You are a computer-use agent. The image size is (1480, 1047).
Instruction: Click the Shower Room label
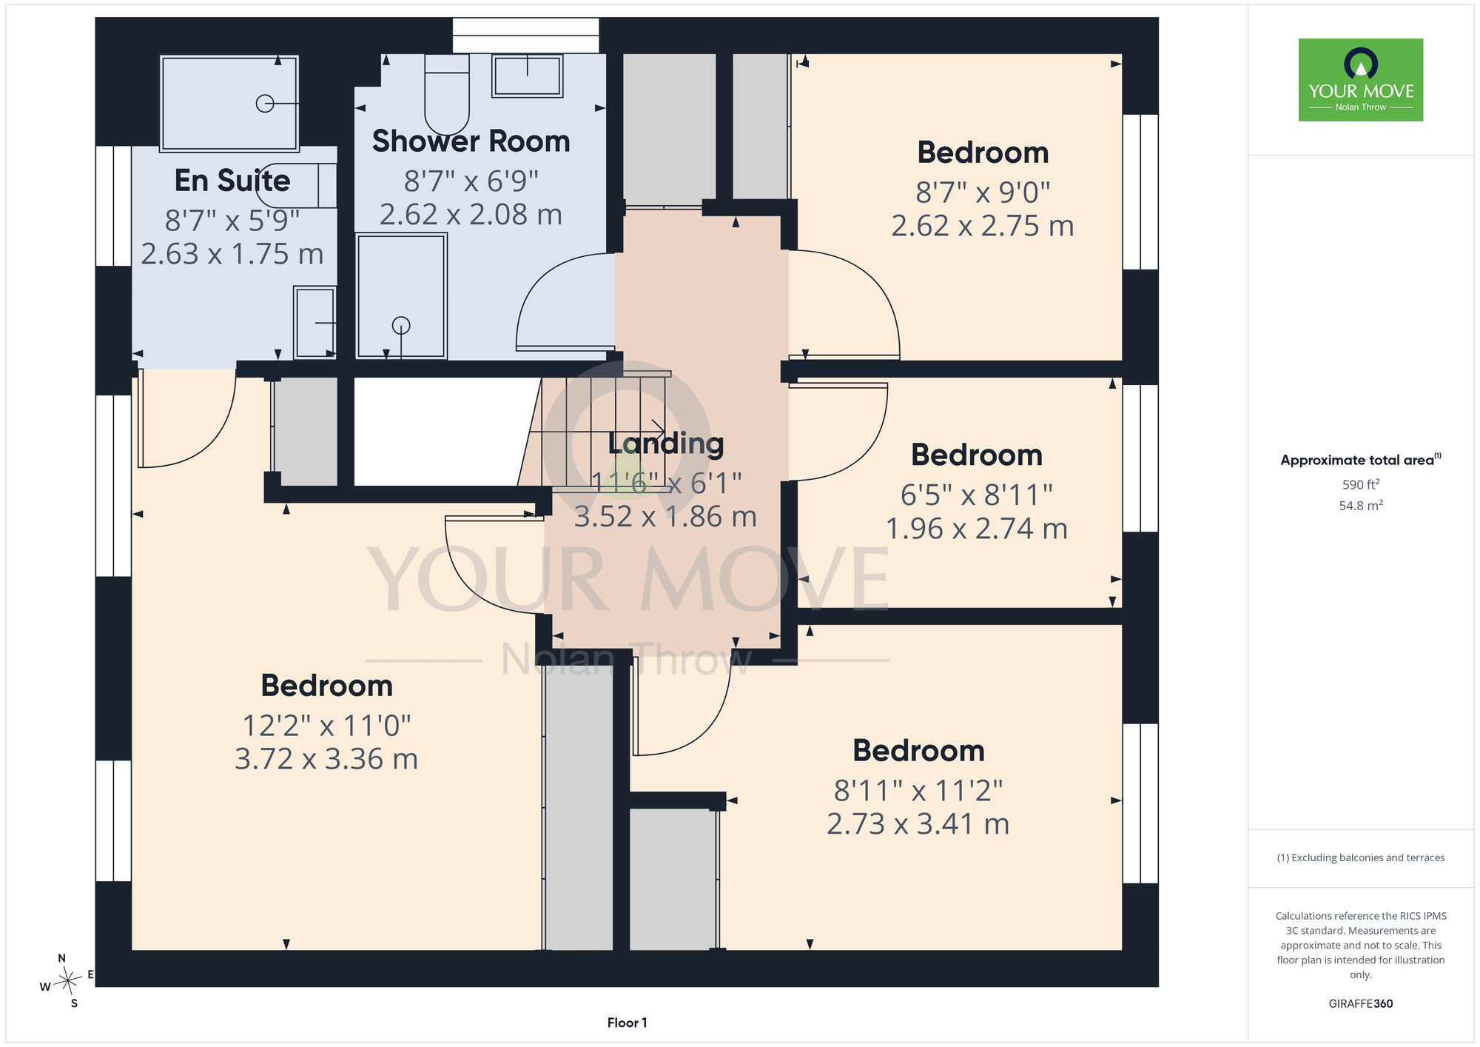point(471,141)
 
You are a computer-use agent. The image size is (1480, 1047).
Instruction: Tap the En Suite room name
point(232,181)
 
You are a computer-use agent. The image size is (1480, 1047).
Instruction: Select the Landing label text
point(666,444)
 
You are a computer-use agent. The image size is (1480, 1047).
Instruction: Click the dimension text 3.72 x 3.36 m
point(326,759)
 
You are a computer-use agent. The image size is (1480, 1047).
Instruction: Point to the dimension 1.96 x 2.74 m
point(977,529)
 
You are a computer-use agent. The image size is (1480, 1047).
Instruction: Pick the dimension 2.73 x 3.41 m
point(918,824)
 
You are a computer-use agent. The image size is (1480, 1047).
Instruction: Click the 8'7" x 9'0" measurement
point(983,193)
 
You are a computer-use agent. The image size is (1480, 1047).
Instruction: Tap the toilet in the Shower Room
point(447,94)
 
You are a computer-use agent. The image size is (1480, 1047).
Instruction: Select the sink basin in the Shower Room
point(527,75)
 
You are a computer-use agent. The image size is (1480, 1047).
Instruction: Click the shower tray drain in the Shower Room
point(401,325)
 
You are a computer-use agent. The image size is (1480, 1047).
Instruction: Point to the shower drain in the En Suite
point(265,104)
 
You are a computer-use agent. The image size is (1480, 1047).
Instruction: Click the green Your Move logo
point(1361,80)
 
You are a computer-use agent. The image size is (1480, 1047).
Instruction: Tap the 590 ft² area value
point(1361,484)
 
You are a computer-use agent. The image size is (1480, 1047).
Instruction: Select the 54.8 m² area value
point(1361,506)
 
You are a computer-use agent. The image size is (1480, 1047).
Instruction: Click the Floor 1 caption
point(627,1023)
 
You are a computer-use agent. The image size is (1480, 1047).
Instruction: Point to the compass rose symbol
point(68,981)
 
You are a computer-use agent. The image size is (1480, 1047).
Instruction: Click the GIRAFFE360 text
point(1361,1004)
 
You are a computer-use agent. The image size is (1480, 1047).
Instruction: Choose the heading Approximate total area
point(1357,460)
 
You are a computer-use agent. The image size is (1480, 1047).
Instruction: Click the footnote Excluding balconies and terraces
point(1361,857)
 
